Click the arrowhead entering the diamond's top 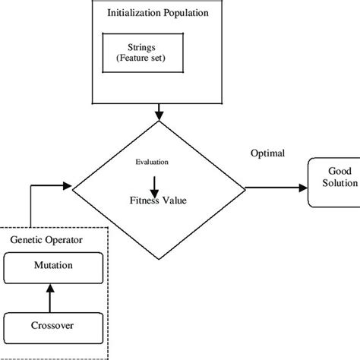click(x=159, y=114)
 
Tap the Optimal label click(x=267, y=153)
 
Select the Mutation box click(x=53, y=267)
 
